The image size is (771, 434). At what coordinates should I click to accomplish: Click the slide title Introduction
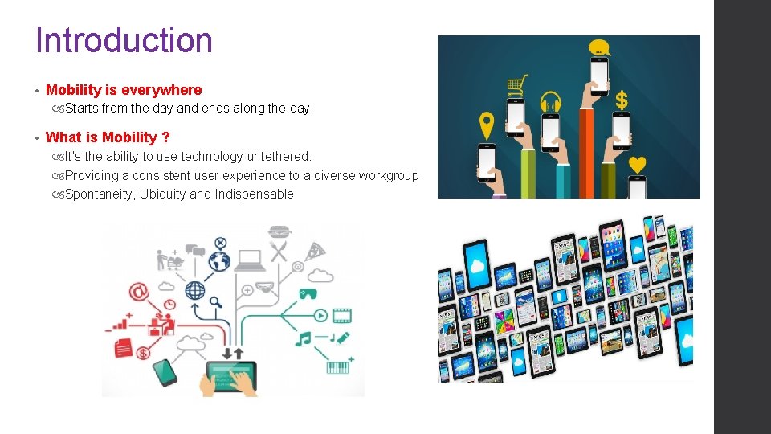coord(124,40)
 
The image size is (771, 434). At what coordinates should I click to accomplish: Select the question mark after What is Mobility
coord(165,137)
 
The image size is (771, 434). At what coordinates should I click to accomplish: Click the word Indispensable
coord(254,194)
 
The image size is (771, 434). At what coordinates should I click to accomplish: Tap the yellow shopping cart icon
coord(517,84)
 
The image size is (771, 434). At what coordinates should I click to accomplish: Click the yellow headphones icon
coord(550,102)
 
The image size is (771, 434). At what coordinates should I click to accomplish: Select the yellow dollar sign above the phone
coord(621,100)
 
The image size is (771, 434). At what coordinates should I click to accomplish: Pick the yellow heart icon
coord(637,164)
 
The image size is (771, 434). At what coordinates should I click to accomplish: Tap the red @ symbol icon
coord(140,290)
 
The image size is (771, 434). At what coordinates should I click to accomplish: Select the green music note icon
coord(303,339)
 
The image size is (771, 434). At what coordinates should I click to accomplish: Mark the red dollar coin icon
coord(143,352)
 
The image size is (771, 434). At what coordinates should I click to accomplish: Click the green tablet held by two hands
coord(231,371)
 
